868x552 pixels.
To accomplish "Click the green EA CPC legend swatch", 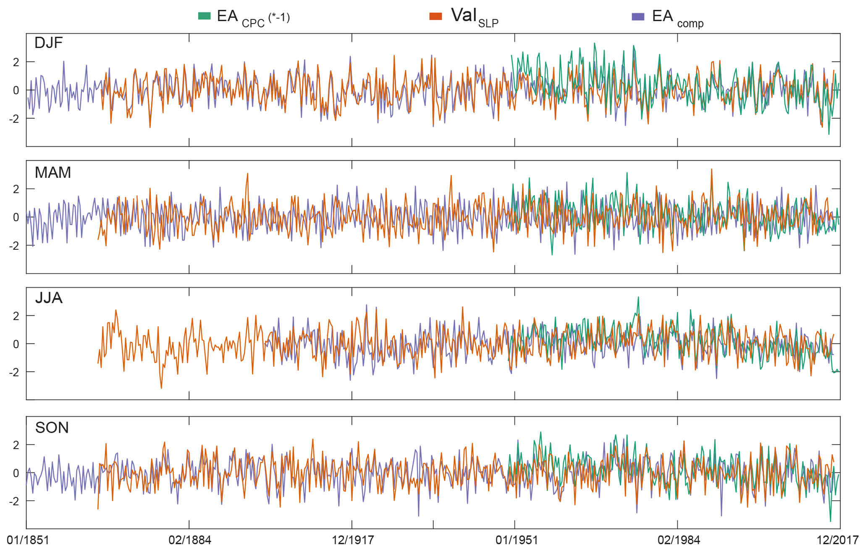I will pos(204,16).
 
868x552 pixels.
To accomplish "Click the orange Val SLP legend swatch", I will pos(435,16).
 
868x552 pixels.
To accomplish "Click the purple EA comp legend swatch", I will pos(638,17).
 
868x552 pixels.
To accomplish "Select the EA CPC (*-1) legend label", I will pos(253,18).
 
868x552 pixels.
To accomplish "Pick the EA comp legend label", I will pos(677,18).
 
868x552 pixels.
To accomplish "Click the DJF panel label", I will pos(48,43).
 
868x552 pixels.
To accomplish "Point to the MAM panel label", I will pos(52,173).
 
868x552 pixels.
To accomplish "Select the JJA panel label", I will pos(49,298).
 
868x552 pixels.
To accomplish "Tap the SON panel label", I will pos(52,428).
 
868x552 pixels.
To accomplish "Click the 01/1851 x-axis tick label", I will pos(28,540).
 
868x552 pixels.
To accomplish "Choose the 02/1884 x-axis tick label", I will pos(190,540).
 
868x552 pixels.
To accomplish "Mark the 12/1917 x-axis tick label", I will pos(353,540).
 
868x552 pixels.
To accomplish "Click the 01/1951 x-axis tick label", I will pos(516,540).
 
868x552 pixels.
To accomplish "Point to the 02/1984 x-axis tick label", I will pos(679,540).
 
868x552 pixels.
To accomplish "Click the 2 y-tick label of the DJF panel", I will pos(16,62).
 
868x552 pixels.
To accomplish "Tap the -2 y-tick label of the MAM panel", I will pos(14,246).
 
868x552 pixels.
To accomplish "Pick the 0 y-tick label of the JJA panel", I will pos(16,344).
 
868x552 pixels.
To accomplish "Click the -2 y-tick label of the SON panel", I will pos(14,502).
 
